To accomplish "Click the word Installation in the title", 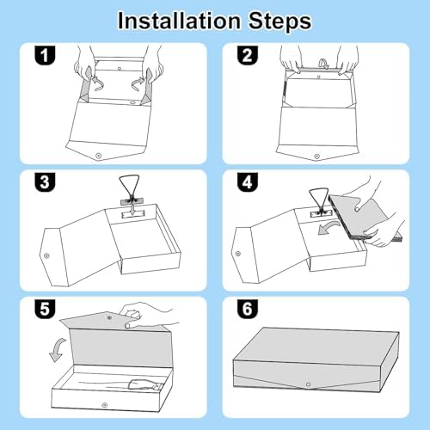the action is (179, 21).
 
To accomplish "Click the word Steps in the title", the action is (279, 21).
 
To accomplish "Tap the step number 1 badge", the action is (45, 55).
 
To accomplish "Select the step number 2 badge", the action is (248, 55).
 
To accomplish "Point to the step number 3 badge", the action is (45, 182).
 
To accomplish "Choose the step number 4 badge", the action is (248, 182).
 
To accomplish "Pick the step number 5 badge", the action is (45, 310).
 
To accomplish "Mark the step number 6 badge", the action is (248, 310).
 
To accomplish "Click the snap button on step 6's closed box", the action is (309, 384).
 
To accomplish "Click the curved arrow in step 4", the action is (329, 225).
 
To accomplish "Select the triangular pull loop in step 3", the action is (129, 187).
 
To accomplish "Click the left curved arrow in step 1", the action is (98, 83).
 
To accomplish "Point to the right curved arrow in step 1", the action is (138, 84).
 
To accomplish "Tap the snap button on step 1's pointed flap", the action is (99, 156).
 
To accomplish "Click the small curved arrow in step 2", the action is (324, 64).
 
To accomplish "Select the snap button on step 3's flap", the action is (46, 255).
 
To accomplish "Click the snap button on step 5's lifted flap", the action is (109, 317).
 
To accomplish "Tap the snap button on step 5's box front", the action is (104, 405).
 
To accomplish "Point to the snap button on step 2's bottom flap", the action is (316, 157).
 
